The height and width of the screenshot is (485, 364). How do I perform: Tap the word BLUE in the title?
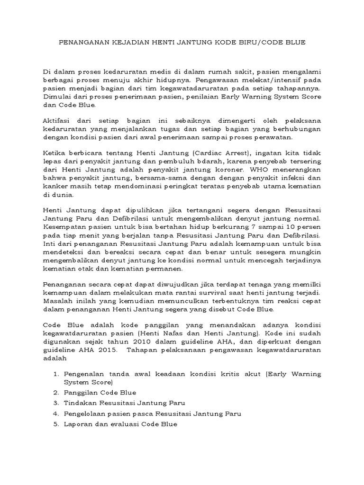tap(295, 42)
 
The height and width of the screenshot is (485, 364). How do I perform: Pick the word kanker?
tap(54, 187)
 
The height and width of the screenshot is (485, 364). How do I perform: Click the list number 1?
tap(55, 374)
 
